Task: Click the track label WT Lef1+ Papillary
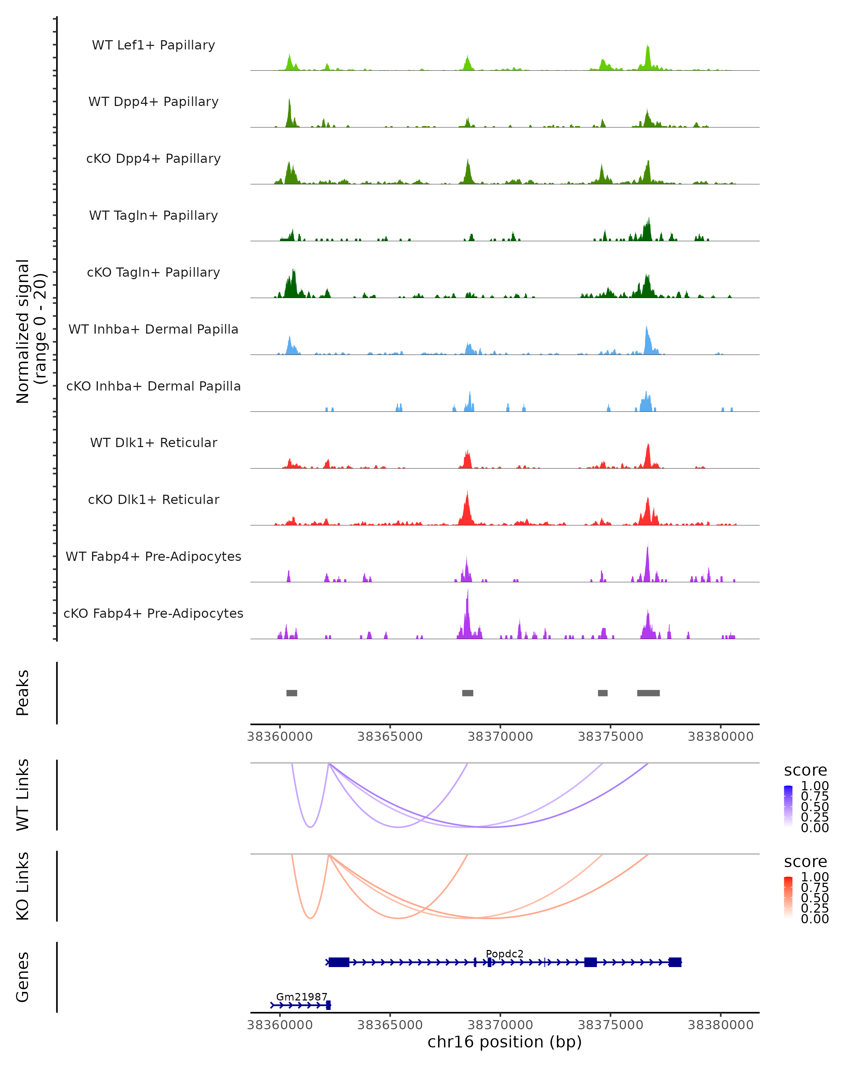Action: tap(153, 45)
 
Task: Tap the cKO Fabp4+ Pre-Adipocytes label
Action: tap(153, 613)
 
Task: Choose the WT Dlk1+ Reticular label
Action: tap(153, 442)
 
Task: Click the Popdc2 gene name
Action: tap(505, 954)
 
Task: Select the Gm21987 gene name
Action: tap(301, 997)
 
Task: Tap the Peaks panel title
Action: tap(23, 693)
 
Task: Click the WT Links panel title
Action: tap(23, 795)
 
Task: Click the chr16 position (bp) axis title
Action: tap(505, 1042)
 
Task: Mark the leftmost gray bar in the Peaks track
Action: tap(291, 693)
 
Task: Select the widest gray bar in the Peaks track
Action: tap(648, 693)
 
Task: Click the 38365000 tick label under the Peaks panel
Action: tap(390, 737)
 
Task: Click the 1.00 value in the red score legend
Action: tap(815, 877)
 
